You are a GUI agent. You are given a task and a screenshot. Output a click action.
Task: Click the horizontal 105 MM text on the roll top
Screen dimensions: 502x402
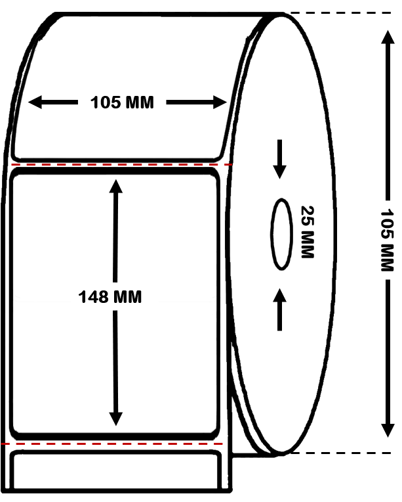[x=122, y=103]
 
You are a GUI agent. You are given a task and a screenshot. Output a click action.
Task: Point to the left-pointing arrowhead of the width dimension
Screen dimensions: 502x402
[x=35, y=102]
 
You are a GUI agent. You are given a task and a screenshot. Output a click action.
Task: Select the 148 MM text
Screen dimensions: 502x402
[x=110, y=297]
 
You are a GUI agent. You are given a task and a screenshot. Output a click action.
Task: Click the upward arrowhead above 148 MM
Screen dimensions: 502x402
[x=116, y=185]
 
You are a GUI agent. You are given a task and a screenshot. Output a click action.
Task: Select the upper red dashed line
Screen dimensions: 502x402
[x=122, y=164]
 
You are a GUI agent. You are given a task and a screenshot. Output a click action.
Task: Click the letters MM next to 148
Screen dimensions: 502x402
[x=129, y=297]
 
